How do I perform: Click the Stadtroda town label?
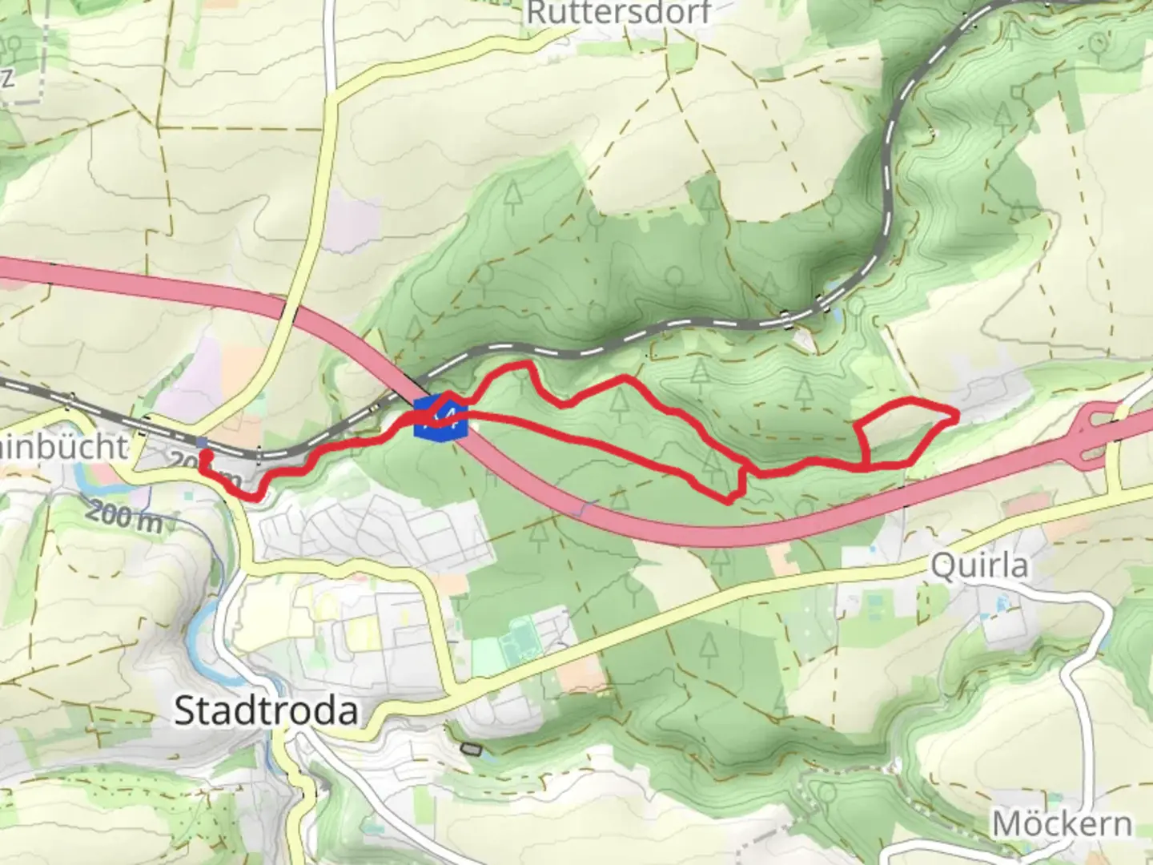266,710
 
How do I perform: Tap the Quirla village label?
979,566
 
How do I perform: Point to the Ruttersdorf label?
617,12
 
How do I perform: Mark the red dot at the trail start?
205,456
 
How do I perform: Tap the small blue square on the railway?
202,442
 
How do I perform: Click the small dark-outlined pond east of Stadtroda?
472,750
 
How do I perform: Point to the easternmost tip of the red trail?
957,415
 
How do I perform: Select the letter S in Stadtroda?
185,710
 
